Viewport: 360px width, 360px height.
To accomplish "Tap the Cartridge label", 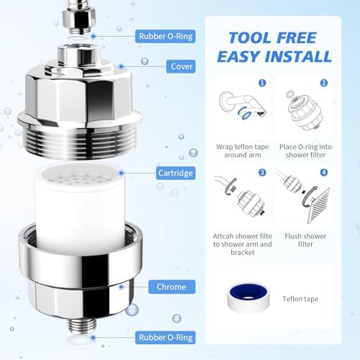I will tap(176, 173).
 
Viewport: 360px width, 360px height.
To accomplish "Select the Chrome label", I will tap(171, 287).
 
